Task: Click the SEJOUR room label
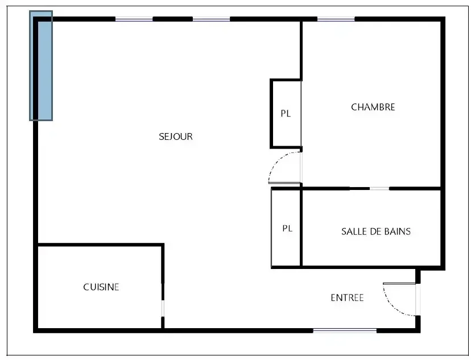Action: pos(176,136)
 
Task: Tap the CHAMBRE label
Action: pos(373,107)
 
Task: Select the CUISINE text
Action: pos(101,287)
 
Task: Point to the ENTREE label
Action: pos(347,297)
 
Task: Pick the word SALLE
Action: pos(352,231)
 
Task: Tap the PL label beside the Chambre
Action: pos(286,113)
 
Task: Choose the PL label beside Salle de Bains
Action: pos(287,228)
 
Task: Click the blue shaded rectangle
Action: pos(41,66)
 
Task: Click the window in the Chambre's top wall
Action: pos(336,19)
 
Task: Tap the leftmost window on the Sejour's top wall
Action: pos(134,19)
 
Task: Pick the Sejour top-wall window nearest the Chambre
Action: pos(212,19)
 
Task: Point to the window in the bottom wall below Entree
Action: pos(345,330)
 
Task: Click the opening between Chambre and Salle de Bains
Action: pos(379,189)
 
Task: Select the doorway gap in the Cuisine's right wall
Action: pos(163,308)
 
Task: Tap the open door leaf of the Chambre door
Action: pos(284,183)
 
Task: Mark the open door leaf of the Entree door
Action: pos(399,283)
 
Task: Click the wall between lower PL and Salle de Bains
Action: pos(301,228)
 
